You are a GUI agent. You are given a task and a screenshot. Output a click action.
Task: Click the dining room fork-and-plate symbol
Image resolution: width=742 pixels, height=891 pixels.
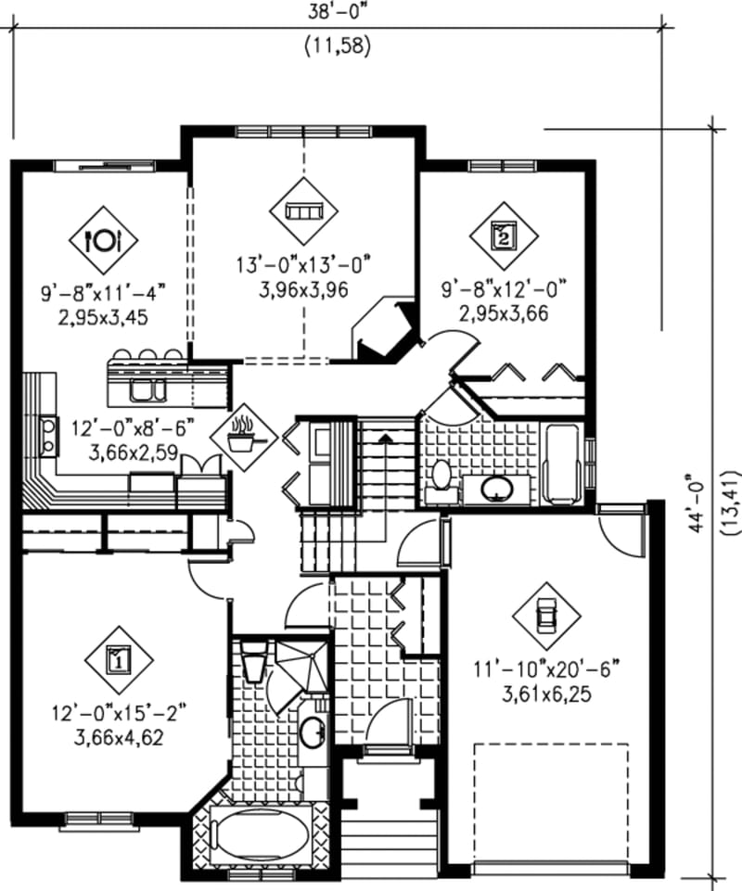pyautogui.click(x=103, y=239)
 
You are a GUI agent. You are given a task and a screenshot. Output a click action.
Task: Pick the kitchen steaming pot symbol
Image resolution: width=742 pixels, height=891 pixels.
pyautogui.click(x=243, y=435)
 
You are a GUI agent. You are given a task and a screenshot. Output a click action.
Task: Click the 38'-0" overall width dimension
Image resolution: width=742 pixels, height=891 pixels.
pyautogui.click(x=338, y=14)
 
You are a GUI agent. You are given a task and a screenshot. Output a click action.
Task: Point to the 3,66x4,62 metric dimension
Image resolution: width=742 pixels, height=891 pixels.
pyautogui.click(x=119, y=737)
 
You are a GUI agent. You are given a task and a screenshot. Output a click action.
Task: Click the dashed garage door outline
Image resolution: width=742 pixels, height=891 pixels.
pyautogui.click(x=550, y=802)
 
